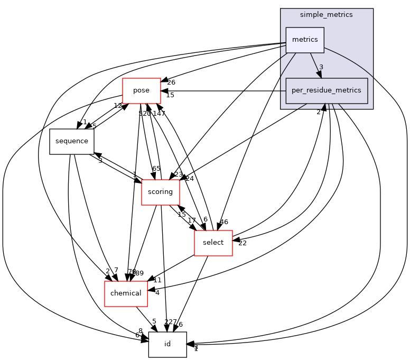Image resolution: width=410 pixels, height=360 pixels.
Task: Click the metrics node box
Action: click(305, 40)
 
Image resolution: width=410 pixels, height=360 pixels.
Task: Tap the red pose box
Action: click(141, 90)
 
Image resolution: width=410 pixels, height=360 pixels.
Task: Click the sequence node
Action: click(72, 141)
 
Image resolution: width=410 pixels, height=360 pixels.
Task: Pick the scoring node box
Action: click(160, 192)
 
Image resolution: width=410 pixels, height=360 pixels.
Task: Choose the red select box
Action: click(213, 243)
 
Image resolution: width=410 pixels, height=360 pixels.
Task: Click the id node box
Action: click(167, 344)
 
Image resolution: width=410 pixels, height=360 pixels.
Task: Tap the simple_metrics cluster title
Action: click(327, 15)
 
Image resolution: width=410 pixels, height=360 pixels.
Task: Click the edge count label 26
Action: click(171, 82)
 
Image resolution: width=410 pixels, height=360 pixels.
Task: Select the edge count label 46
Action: click(223, 222)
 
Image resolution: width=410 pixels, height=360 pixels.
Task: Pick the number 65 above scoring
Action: click(156, 169)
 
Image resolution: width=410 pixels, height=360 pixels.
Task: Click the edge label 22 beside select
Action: click(243, 243)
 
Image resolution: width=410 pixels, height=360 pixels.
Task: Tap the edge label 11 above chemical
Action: click(157, 280)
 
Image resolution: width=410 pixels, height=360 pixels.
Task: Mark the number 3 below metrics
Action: click(321, 67)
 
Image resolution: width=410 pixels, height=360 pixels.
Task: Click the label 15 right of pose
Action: click(170, 95)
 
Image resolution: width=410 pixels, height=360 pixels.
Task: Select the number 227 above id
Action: click(170, 321)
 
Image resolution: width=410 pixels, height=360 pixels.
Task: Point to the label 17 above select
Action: click(192, 220)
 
